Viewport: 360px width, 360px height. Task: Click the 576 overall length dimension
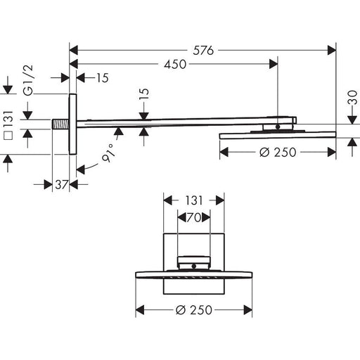click(203, 51)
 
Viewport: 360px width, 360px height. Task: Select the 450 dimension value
click(175, 64)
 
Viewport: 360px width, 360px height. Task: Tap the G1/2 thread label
click(29, 80)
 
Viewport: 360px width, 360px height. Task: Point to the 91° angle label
click(108, 153)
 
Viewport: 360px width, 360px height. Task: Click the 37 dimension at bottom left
click(62, 185)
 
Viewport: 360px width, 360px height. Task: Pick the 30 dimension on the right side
click(352, 97)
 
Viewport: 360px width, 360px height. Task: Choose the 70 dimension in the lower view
click(194, 217)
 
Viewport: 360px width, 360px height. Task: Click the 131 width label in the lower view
click(193, 200)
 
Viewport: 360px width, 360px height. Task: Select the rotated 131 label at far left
click(8, 120)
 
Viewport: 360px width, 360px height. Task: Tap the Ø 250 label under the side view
click(278, 153)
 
